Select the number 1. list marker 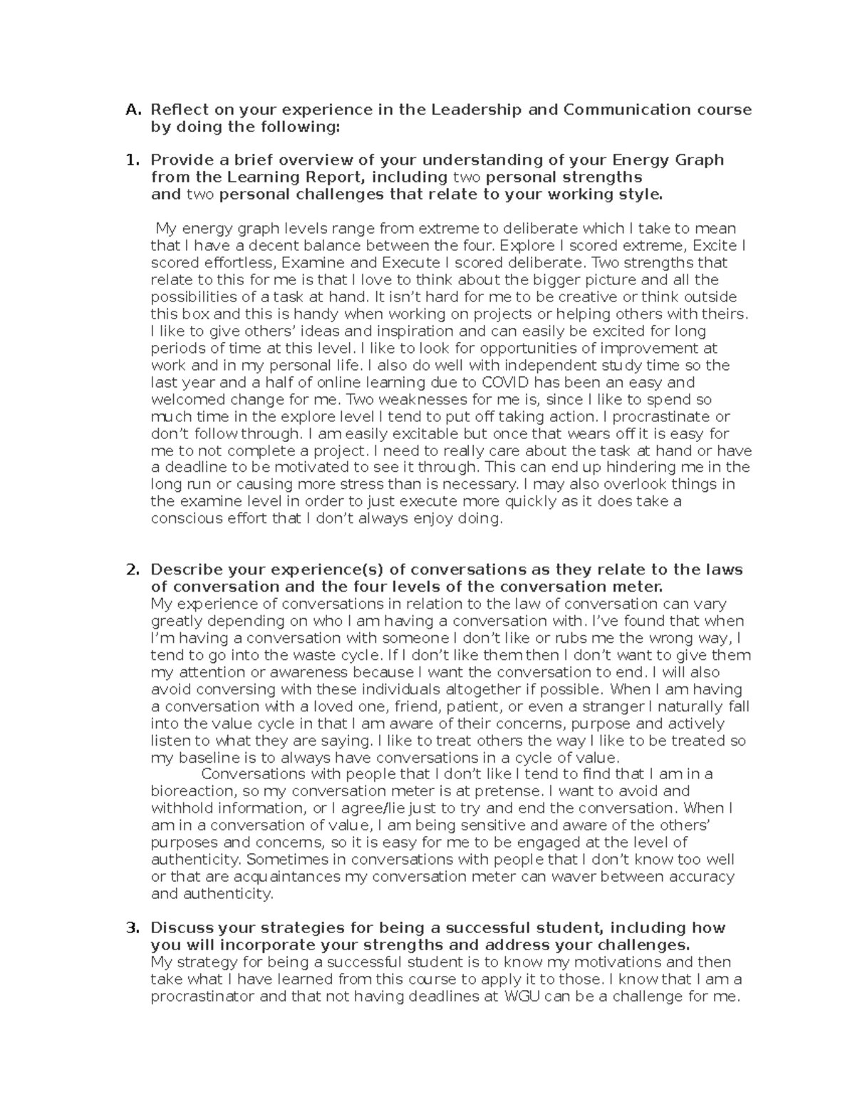(x=133, y=160)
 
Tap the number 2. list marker (x=133, y=570)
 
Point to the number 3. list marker (x=133, y=928)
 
